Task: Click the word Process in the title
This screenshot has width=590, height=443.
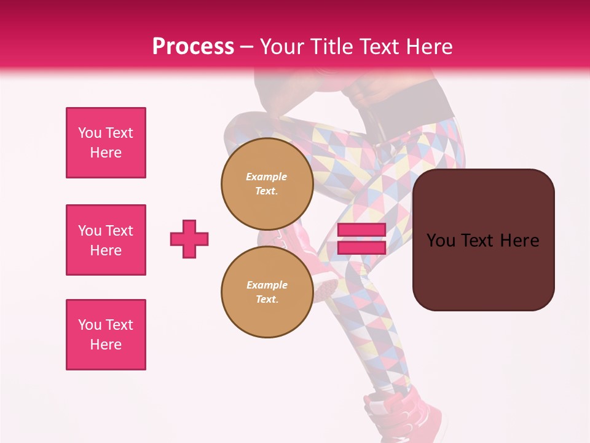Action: (x=193, y=47)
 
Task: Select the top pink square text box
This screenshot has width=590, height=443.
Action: (x=106, y=143)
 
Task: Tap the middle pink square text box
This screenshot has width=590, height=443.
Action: (x=106, y=240)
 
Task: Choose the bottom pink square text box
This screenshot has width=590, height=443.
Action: (x=106, y=335)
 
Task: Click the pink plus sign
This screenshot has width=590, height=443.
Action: (x=189, y=239)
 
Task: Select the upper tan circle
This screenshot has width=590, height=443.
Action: (x=267, y=183)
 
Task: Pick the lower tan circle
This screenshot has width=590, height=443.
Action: (x=267, y=292)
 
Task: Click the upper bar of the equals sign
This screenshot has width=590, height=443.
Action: (x=361, y=230)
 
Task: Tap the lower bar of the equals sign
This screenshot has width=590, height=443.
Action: (x=361, y=247)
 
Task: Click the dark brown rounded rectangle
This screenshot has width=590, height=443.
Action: (x=483, y=271)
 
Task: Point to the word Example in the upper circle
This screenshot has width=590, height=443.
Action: (x=267, y=177)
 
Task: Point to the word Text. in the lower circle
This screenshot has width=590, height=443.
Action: (x=267, y=299)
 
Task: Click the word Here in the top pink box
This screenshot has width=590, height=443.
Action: (x=106, y=153)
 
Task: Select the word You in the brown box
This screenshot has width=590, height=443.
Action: (x=441, y=240)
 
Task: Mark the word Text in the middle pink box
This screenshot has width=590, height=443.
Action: (x=119, y=231)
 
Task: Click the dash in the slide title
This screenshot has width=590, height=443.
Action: (x=247, y=47)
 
